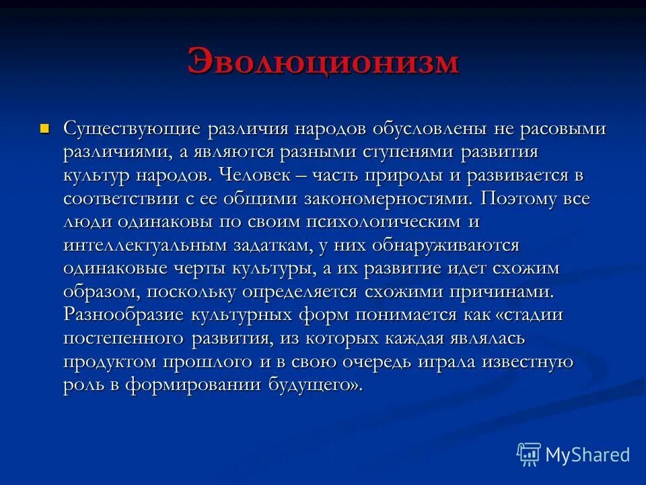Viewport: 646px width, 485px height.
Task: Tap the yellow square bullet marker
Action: point(45,127)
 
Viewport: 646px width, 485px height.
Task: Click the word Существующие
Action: point(131,129)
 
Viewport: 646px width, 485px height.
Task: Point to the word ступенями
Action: point(401,152)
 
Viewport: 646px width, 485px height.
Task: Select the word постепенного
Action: point(125,339)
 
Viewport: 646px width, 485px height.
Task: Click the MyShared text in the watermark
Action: point(587,455)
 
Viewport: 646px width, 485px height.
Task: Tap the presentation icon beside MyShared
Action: point(528,455)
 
